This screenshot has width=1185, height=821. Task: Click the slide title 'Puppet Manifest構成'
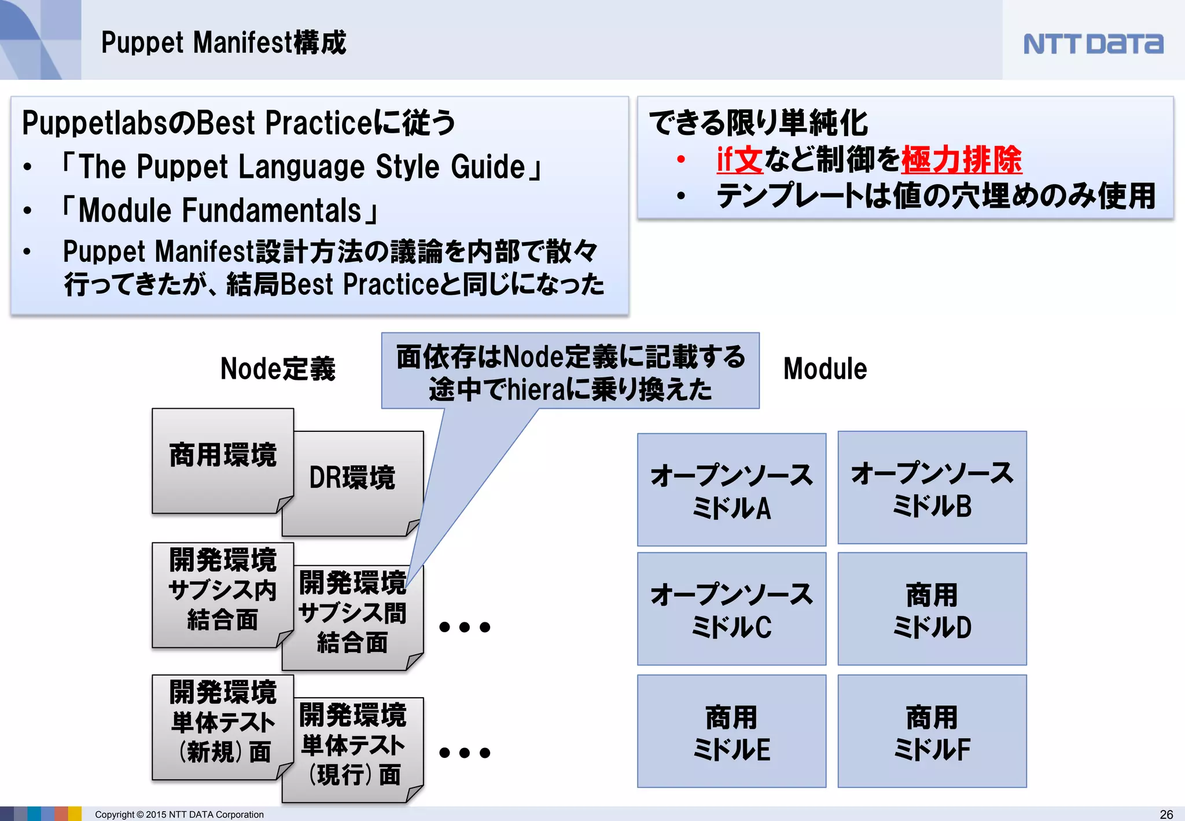[x=223, y=43]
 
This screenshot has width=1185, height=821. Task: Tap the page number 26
[x=1166, y=814]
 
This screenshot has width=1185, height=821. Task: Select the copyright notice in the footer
[x=179, y=814]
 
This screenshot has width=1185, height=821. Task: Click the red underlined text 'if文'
[x=739, y=160]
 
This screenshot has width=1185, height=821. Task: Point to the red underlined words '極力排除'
[x=962, y=160]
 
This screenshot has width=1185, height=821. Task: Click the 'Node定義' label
[x=278, y=369]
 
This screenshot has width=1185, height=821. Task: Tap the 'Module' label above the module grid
[x=825, y=369]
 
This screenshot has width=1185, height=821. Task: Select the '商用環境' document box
[x=223, y=460]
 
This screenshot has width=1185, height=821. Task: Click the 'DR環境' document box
[x=352, y=483]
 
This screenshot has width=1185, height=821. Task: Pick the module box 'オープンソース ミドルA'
[x=731, y=490]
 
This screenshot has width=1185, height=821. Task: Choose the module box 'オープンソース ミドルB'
[x=932, y=488]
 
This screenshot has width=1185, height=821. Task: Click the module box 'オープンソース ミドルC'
[x=731, y=609]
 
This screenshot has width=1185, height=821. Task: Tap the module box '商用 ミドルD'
[x=932, y=609]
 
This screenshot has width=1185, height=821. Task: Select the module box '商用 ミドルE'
[x=731, y=731]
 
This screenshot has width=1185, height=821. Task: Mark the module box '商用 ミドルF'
[x=932, y=731]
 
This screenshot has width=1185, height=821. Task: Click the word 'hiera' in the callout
[x=536, y=390]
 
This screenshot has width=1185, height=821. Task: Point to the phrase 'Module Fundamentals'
[x=220, y=210]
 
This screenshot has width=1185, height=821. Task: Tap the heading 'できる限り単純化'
[x=758, y=123]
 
